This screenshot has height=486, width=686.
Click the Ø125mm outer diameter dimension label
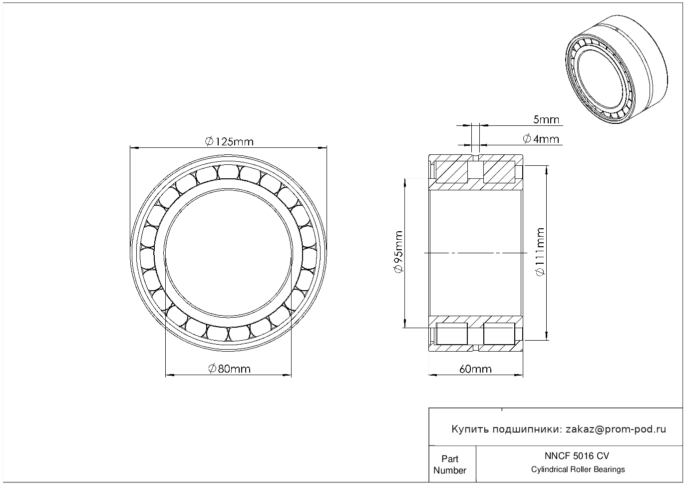pyautogui.click(x=229, y=141)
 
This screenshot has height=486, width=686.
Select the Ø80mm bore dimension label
pyautogui.click(x=229, y=369)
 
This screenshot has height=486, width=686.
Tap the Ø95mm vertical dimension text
pyautogui.click(x=398, y=252)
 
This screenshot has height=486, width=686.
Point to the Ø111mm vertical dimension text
pyautogui.click(x=541, y=252)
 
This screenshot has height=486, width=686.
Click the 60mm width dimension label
pyautogui.click(x=475, y=369)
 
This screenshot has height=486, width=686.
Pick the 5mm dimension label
pyautogui.click(x=546, y=119)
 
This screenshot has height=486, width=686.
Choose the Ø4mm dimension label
pyautogui.click(x=541, y=139)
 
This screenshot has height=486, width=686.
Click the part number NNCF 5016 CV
pyautogui.click(x=577, y=456)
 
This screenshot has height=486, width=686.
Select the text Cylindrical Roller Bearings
pyautogui.click(x=578, y=470)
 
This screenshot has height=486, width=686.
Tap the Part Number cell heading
pyautogui.click(x=449, y=465)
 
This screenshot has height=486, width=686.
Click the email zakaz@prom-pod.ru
pyautogui.click(x=616, y=430)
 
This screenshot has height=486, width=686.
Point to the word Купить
pyautogui.click(x=470, y=430)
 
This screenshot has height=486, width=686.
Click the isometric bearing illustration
pyautogui.click(x=616, y=69)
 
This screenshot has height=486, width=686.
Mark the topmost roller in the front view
pyautogui.click(x=228, y=172)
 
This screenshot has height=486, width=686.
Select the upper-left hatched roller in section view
pyautogui.click(x=451, y=172)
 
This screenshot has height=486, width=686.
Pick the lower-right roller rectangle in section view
pyautogui.click(x=499, y=334)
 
